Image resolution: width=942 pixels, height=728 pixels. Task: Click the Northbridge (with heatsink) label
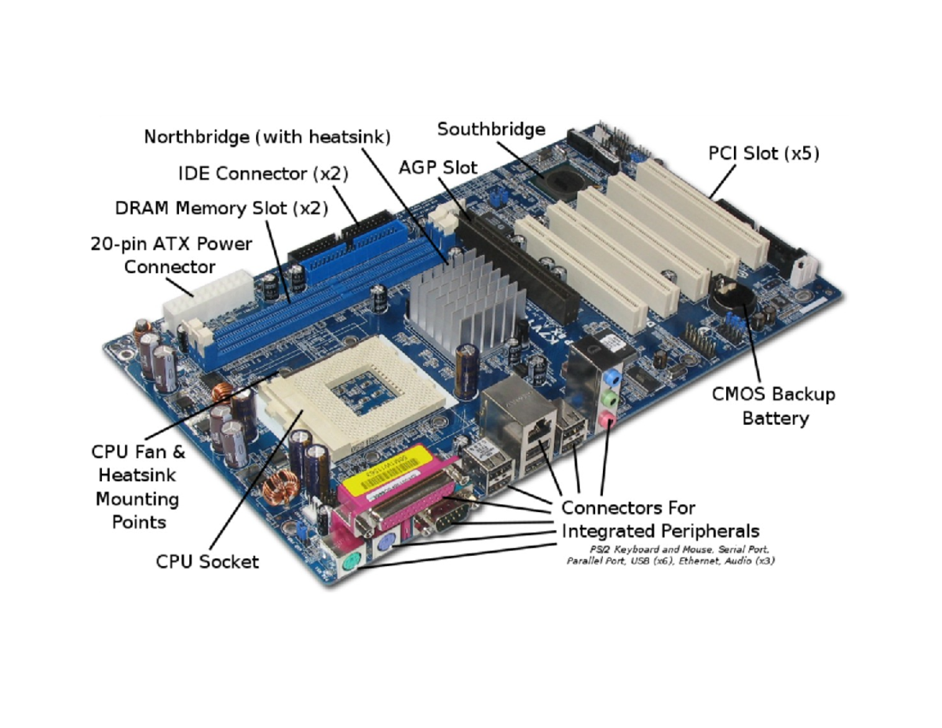pos(267,137)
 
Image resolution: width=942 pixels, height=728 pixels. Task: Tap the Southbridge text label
pos(491,129)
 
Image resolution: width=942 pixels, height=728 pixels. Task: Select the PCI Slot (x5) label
pos(763,154)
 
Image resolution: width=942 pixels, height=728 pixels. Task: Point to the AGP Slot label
pos(437,167)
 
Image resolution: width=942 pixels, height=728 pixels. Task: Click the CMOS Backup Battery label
pos(773,406)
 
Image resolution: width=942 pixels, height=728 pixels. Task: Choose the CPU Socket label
pos(207,561)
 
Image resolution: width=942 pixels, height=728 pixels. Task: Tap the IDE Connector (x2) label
pos(262,173)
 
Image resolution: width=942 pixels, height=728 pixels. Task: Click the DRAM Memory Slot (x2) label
pos(221,208)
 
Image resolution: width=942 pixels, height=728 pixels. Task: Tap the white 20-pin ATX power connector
pos(206,298)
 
